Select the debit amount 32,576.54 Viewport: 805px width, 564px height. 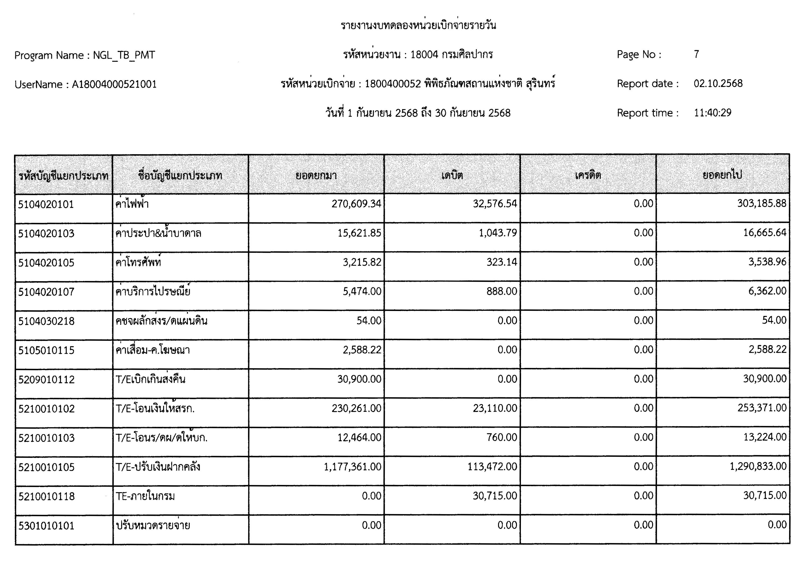point(495,204)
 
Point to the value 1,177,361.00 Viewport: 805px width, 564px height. point(352,467)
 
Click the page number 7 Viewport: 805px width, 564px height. point(696,54)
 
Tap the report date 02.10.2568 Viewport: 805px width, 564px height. point(718,83)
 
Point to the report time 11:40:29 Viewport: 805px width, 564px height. point(712,113)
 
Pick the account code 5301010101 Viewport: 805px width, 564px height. point(46,526)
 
